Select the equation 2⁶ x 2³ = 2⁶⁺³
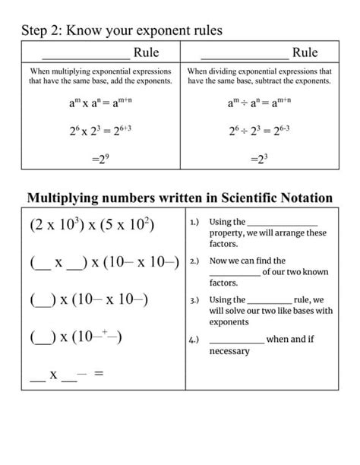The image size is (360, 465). pos(100,130)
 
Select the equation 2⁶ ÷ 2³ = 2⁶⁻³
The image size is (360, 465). pos(259,130)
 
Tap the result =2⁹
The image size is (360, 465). pos(100,159)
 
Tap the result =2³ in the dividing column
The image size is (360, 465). pos(259,159)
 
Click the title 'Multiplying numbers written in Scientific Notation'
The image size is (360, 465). pos(180,198)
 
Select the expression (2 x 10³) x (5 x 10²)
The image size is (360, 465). pos(92,226)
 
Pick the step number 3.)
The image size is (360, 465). pos(195,300)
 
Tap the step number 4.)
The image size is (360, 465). pos(195,340)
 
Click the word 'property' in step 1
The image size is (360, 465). pos(228,233)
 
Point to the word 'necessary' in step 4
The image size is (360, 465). pos(229,352)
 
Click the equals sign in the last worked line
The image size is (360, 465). pos(98,375)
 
